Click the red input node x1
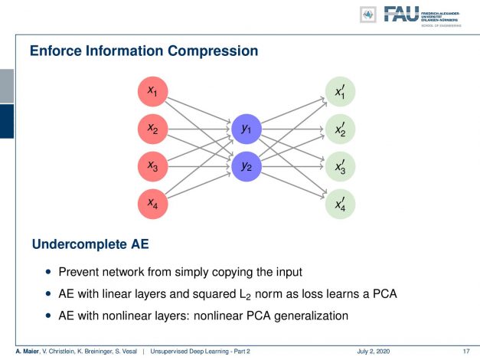[x=152, y=92]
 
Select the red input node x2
[x=152, y=129]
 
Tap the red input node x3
[x=152, y=165]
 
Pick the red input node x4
[x=152, y=203]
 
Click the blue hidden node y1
[x=246, y=129]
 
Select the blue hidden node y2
[x=246, y=166]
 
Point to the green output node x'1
[x=339, y=92]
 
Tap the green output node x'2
[x=339, y=129]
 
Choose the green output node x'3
[x=339, y=165]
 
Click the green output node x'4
[x=339, y=203]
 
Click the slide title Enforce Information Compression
[x=143, y=51]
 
